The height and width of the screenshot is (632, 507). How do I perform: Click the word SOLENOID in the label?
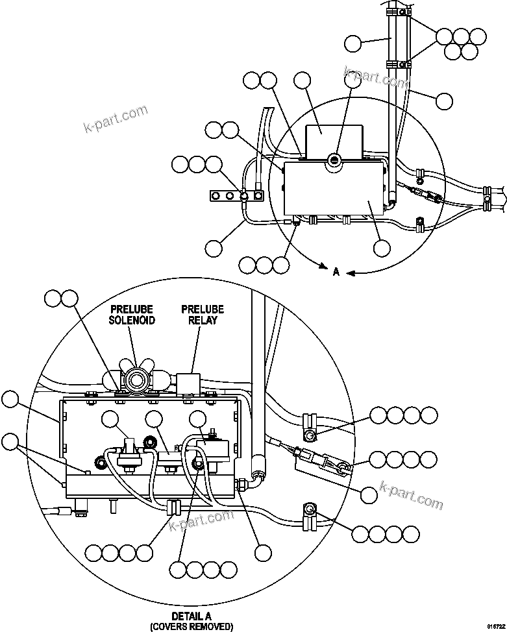132,321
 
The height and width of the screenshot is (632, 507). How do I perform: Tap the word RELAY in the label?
203,321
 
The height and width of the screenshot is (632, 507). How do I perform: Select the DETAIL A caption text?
191,616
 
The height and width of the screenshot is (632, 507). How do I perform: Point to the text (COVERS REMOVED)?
191,626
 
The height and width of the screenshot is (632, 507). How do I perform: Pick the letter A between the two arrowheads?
336,273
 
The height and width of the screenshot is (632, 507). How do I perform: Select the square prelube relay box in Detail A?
187,382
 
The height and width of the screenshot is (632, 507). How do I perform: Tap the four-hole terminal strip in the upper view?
237,195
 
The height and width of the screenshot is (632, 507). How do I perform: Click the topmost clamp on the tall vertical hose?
397,12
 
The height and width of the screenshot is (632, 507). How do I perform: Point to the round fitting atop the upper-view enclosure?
334,159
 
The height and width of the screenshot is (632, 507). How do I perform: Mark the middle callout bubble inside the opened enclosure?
153,420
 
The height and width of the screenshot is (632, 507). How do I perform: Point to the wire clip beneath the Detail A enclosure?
173,507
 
